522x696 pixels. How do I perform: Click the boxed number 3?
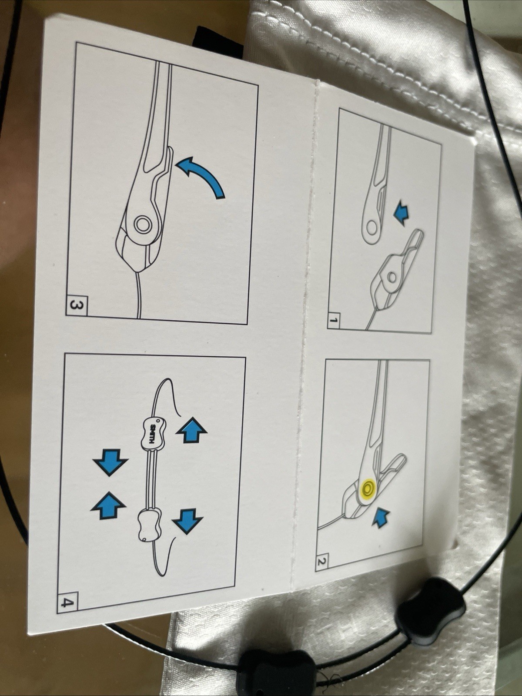click(x=77, y=306)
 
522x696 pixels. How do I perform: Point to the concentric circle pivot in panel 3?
click(x=143, y=224)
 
